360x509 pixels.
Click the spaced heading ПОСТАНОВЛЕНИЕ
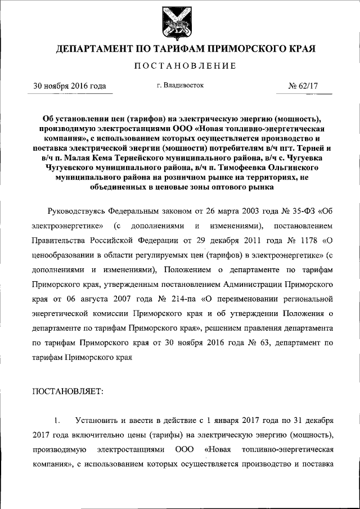click(x=179, y=66)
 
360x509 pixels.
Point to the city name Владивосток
click(x=184, y=85)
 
